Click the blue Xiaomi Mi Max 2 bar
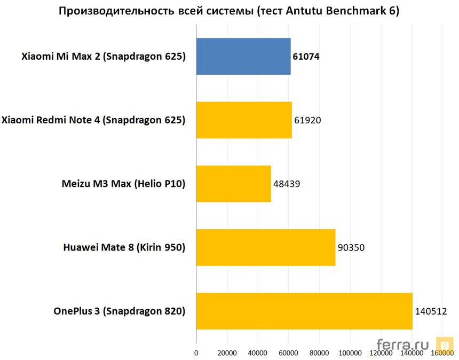point(243,56)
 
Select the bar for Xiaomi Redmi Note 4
point(244,120)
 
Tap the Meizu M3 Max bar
point(233,184)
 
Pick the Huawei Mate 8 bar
point(266,247)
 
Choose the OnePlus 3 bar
point(304,311)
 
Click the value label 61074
point(306,57)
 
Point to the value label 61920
point(307,120)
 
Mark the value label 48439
point(287,184)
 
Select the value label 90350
point(351,247)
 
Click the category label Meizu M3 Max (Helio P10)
point(124,184)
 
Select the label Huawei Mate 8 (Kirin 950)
point(124,247)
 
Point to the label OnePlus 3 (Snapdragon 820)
point(119,311)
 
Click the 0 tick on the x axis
point(196,353)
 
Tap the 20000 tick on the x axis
point(227,353)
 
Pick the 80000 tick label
point(320,353)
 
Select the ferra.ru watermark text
point(403,344)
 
